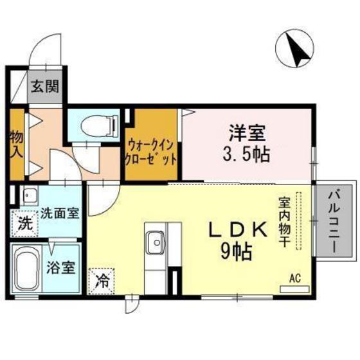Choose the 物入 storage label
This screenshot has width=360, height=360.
pos(16,145)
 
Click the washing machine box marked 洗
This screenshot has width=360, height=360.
pos(23,225)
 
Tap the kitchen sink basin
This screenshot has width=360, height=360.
pos(155,243)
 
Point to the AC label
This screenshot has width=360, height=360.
pos(295,278)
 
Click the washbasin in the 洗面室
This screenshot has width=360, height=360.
pos(28,195)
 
